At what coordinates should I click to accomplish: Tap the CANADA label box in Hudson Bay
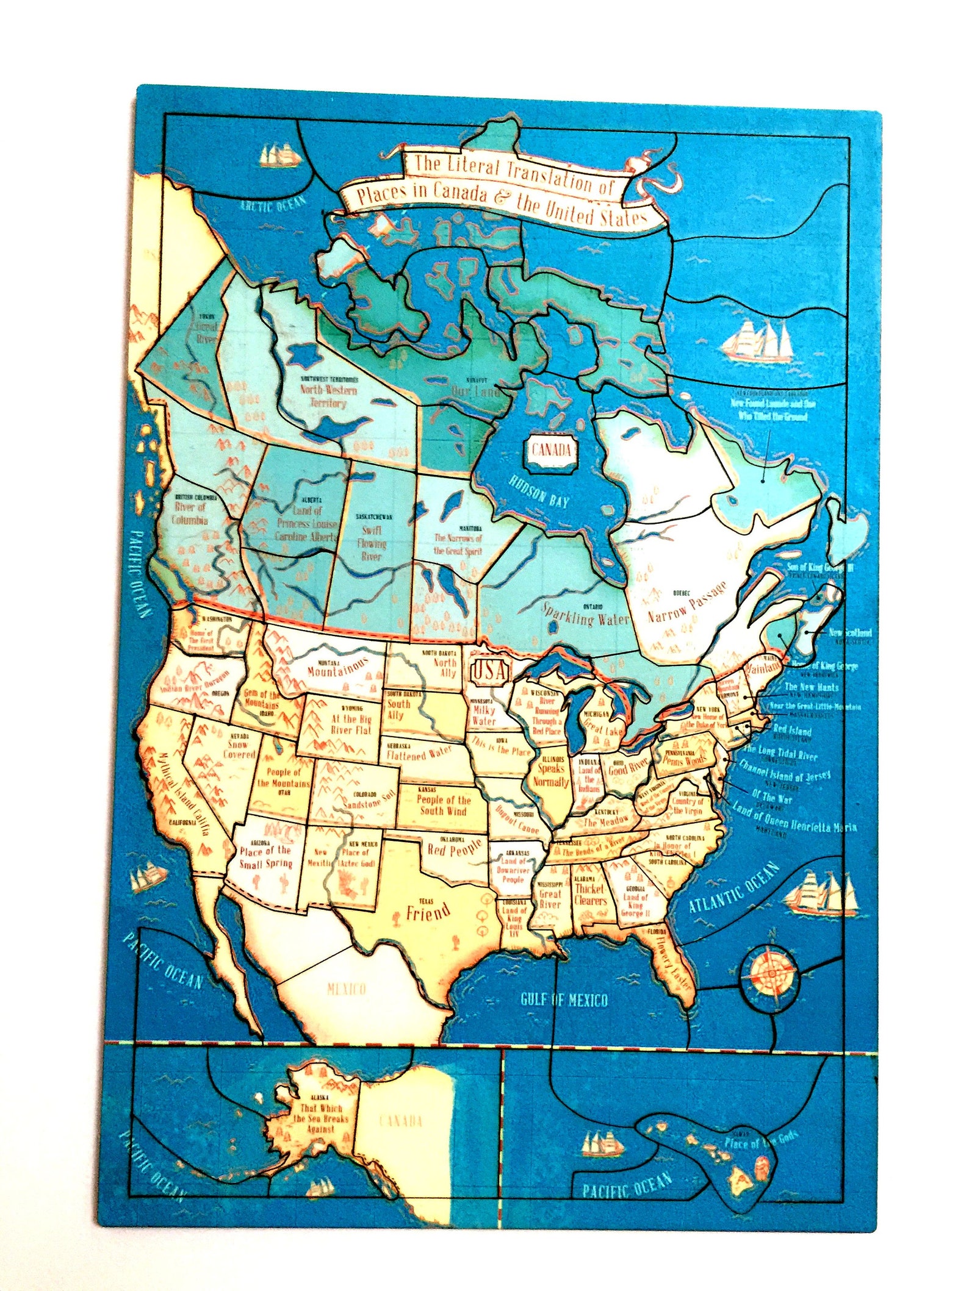pos(550,451)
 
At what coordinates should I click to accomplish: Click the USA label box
pos(489,672)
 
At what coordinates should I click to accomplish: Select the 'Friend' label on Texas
pos(428,913)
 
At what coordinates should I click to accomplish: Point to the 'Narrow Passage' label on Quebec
pos(687,603)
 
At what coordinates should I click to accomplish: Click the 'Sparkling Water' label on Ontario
pos(585,615)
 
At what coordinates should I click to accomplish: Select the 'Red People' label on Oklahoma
pos(455,848)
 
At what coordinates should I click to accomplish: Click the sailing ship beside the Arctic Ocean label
pos(280,156)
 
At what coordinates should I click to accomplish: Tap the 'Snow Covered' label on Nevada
pos(239,749)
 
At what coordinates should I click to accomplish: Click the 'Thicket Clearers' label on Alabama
pos(590,894)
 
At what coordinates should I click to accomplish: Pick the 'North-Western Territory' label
pos(328,396)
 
